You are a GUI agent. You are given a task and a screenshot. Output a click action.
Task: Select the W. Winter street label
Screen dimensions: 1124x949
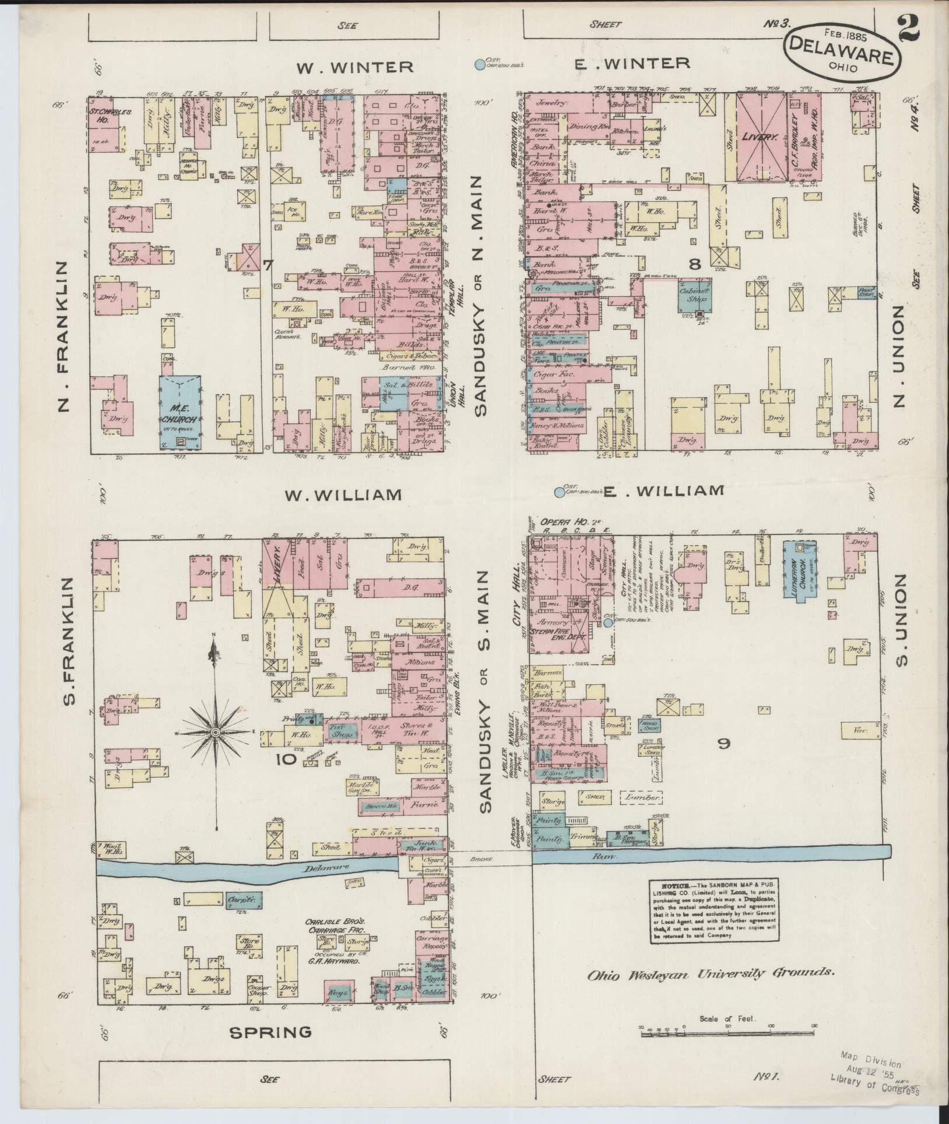tap(355, 67)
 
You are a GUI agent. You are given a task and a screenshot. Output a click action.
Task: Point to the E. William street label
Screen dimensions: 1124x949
tap(663, 491)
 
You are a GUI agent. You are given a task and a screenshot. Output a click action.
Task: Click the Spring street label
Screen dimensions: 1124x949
tap(270, 1032)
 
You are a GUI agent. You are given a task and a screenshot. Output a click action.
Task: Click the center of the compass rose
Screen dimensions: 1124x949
tap(215, 732)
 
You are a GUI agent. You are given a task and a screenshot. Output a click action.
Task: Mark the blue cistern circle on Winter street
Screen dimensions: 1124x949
tap(480, 65)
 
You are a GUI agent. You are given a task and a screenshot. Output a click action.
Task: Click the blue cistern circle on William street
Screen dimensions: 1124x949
tap(560, 492)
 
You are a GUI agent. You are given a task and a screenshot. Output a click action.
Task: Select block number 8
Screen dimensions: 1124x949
tap(694, 265)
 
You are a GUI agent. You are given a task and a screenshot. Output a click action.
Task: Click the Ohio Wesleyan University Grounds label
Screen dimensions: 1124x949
tap(711, 973)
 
